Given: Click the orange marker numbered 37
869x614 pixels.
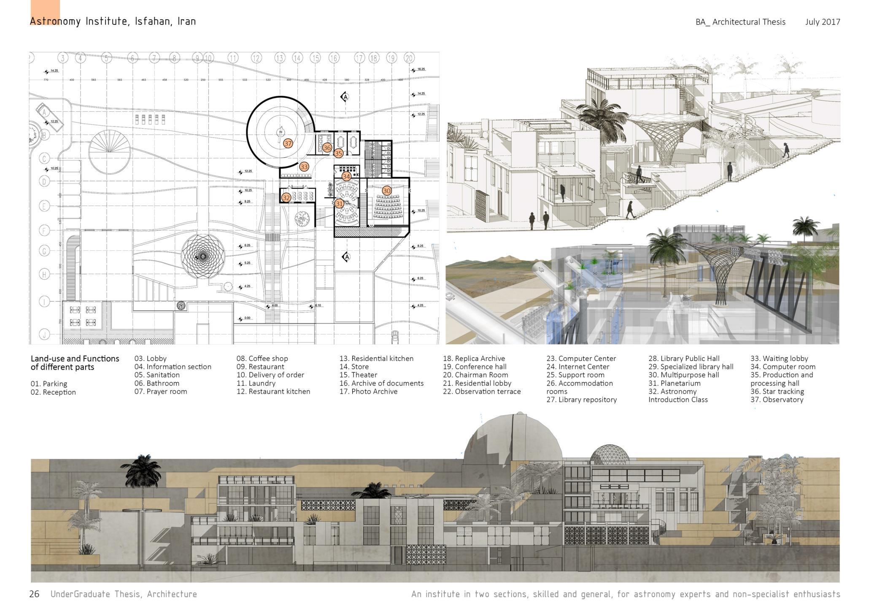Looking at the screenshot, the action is point(288,143).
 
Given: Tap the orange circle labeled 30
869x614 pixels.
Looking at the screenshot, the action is point(386,191).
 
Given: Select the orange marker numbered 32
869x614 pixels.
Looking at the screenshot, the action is point(286,197).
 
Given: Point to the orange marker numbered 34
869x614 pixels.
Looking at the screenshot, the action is point(346,176).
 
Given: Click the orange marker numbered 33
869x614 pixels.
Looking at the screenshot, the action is point(304,167).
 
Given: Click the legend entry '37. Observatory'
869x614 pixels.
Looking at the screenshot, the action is point(777,400).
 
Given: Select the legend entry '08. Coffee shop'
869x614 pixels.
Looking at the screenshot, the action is point(262,358).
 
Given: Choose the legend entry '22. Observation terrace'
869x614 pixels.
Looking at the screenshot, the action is point(482,391).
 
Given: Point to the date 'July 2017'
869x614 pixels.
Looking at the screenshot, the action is point(822,22).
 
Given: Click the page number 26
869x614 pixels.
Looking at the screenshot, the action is point(34,594).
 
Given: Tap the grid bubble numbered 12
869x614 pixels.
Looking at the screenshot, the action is point(256,58).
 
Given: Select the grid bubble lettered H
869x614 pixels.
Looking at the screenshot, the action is point(44,275).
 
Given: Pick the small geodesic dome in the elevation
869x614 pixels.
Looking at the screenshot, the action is point(609,454).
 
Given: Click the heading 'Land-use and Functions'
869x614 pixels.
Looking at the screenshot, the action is point(75,359).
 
